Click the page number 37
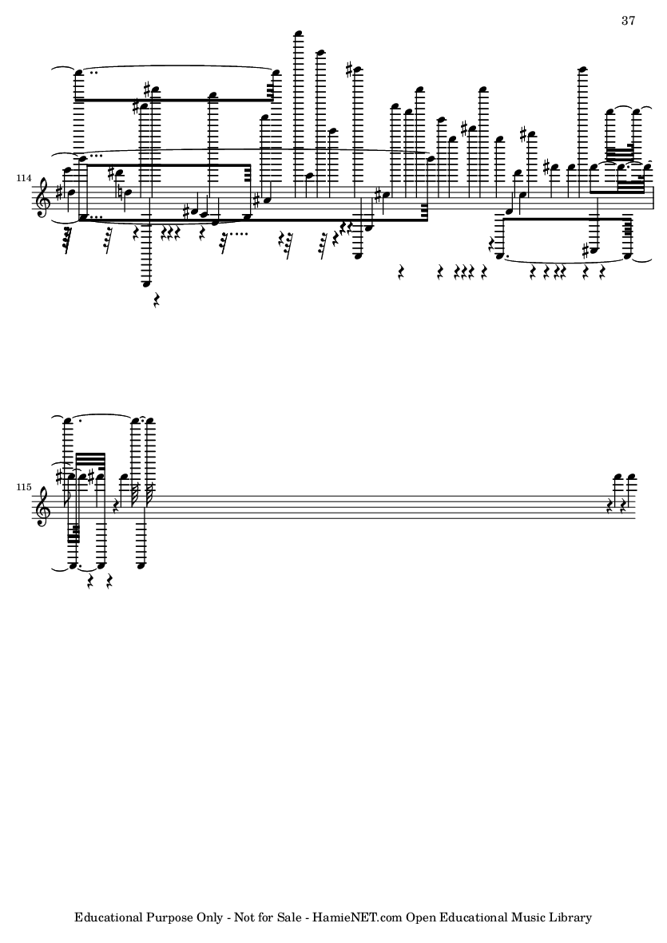click(627, 21)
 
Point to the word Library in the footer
click(572, 917)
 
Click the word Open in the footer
click(420, 917)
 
